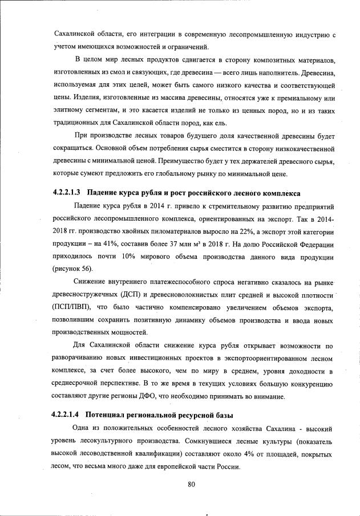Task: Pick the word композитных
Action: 253,60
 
